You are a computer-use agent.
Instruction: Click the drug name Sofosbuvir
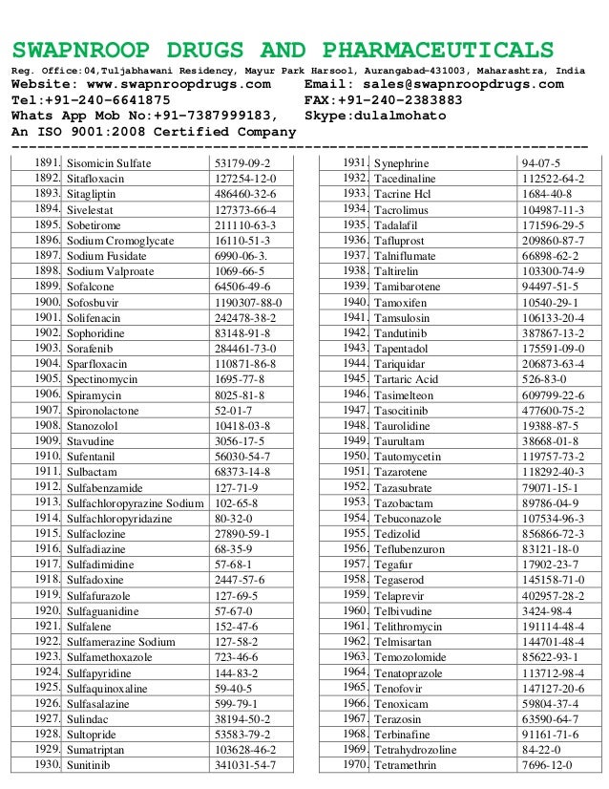(x=95, y=303)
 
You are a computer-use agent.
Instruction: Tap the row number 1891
(x=47, y=163)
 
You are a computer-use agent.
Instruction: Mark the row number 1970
(x=354, y=765)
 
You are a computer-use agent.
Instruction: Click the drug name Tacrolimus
(x=401, y=209)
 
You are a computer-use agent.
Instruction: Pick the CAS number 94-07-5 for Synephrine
(x=540, y=163)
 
